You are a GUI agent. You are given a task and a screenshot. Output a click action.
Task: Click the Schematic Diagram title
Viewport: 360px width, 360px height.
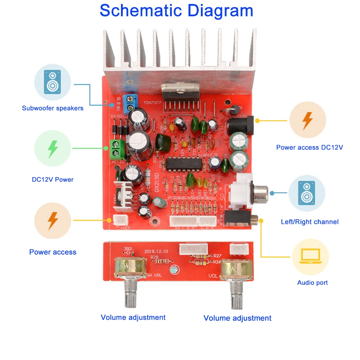click(176, 10)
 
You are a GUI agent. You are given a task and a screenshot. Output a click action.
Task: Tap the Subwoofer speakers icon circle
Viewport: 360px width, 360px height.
click(53, 82)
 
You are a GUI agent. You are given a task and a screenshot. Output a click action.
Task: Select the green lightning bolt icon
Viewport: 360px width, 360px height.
click(53, 148)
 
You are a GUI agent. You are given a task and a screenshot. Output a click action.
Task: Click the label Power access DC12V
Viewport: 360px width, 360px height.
click(310, 147)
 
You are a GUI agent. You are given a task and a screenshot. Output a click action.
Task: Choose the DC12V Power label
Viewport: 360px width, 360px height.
click(53, 179)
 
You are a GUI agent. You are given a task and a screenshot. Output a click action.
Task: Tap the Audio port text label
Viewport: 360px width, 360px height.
click(312, 283)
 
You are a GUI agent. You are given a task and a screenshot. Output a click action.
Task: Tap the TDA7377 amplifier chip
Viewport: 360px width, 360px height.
click(180, 92)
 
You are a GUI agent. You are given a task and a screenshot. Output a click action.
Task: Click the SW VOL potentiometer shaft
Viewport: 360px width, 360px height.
click(130, 293)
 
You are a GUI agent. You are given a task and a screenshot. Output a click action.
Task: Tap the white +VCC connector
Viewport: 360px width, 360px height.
click(119, 219)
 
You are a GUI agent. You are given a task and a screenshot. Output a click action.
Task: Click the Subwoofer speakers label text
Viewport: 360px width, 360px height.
click(53, 108)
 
